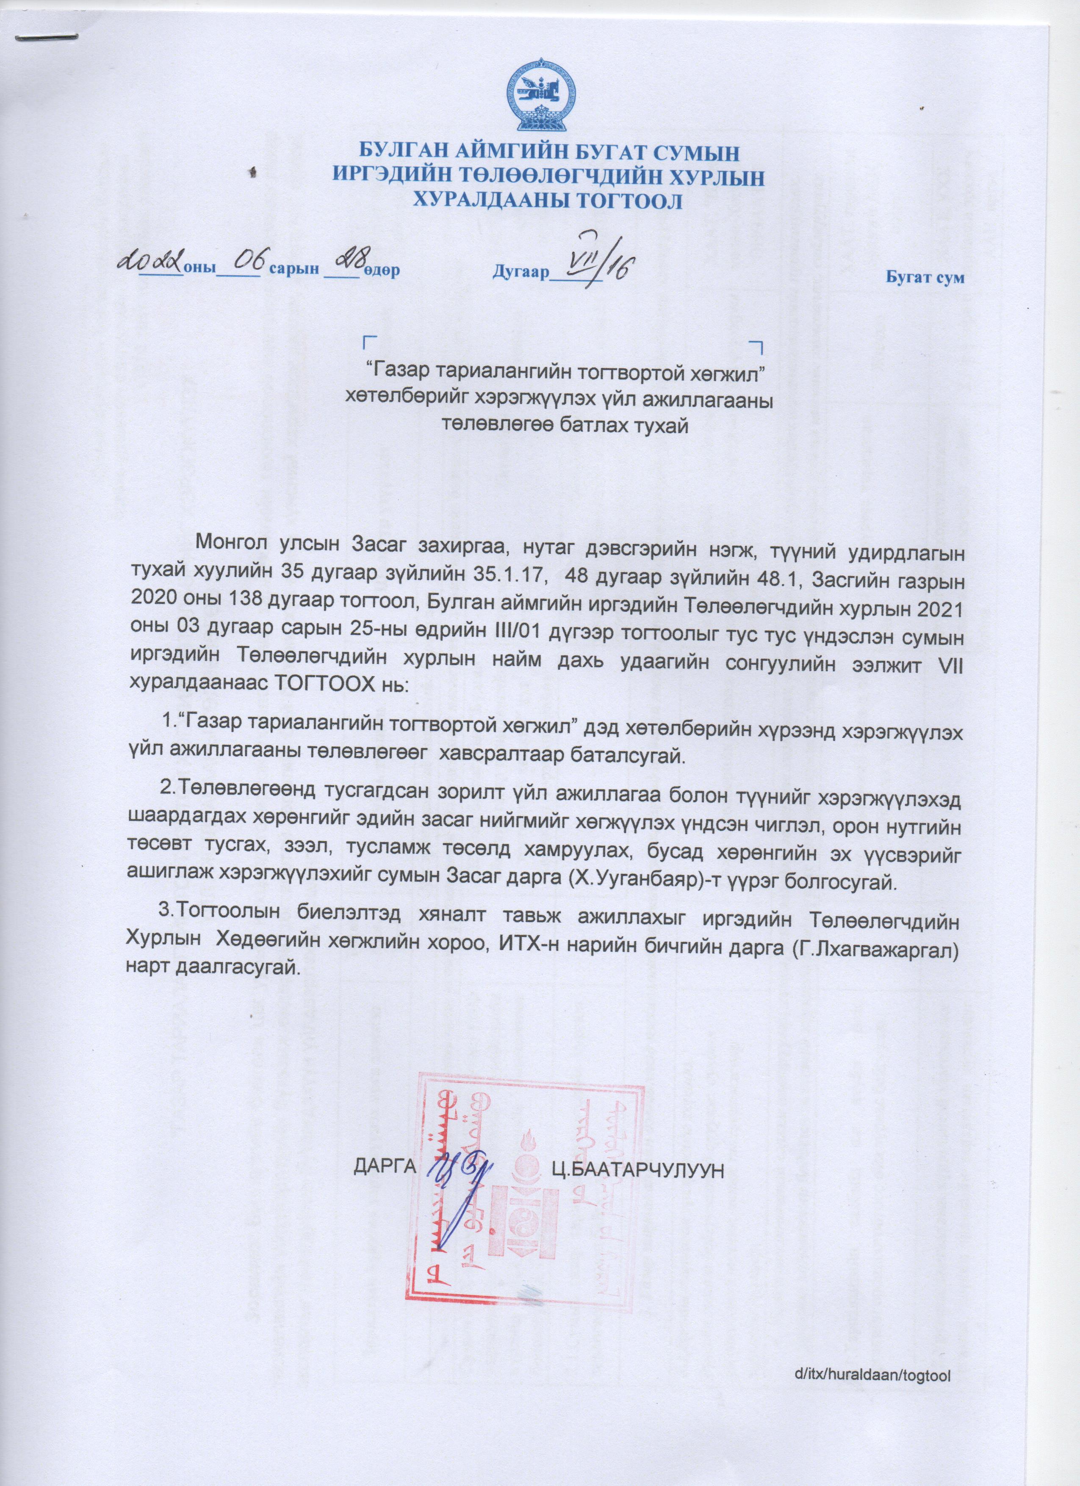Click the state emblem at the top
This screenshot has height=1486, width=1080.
click(540, 97)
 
